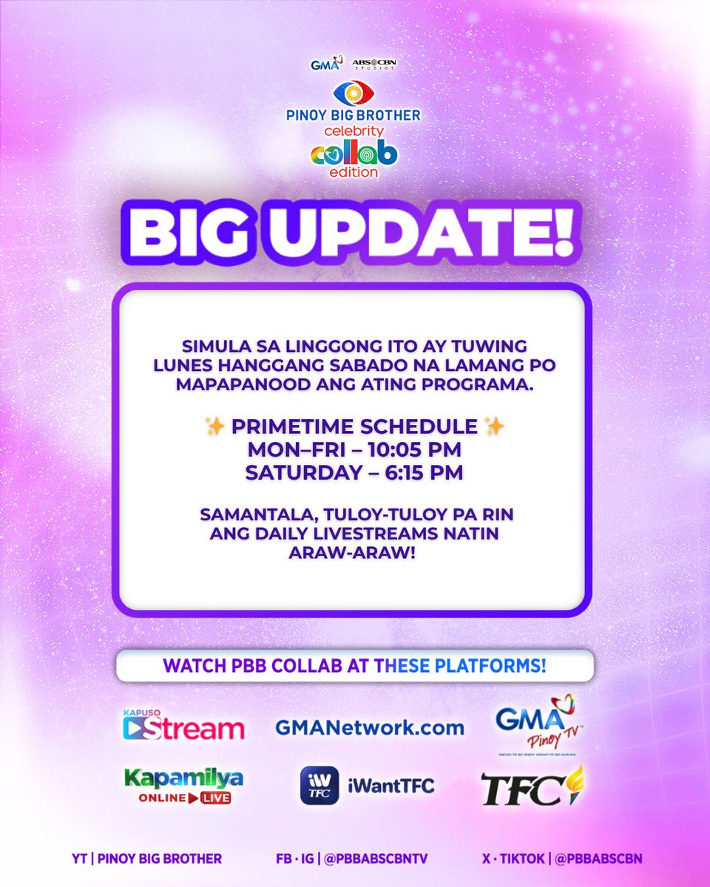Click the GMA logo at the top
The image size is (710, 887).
(x=326, y=64)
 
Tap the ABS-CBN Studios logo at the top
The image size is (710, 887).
(x=374, y=64)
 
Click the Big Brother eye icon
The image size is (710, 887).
(x=354, y=94)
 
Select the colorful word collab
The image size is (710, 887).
(x=354, y=153)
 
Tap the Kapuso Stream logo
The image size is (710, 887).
(x=183, y=725)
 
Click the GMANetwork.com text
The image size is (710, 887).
(x=369, y=727)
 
